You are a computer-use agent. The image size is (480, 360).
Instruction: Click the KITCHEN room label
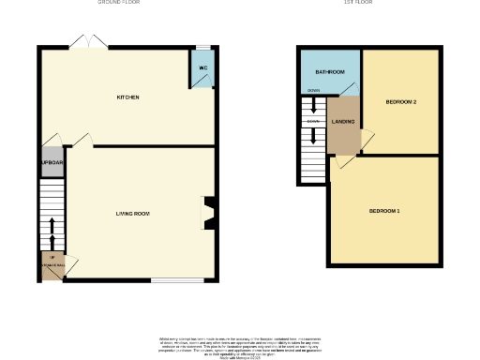tap(128, 97)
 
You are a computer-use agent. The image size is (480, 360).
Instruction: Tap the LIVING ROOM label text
tap(132, 214)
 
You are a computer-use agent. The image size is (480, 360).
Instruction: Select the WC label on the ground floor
tap(202, 67)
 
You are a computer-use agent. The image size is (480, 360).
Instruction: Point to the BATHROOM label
tap(329, 71)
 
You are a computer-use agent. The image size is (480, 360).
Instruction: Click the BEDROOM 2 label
tap(400, 100)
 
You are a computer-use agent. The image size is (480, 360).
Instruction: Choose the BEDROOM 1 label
tap(384, 211)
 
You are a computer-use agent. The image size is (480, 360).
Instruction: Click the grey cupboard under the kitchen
tap(51, 162)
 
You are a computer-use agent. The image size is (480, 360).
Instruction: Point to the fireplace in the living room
tap(209, 212)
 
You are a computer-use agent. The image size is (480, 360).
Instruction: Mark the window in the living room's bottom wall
tap(177, 279)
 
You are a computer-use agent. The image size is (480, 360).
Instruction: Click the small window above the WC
tap(202, 47)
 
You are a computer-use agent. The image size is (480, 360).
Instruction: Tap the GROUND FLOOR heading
tap(120, 3)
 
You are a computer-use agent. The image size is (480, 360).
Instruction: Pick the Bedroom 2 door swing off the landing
tap(368, 139)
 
